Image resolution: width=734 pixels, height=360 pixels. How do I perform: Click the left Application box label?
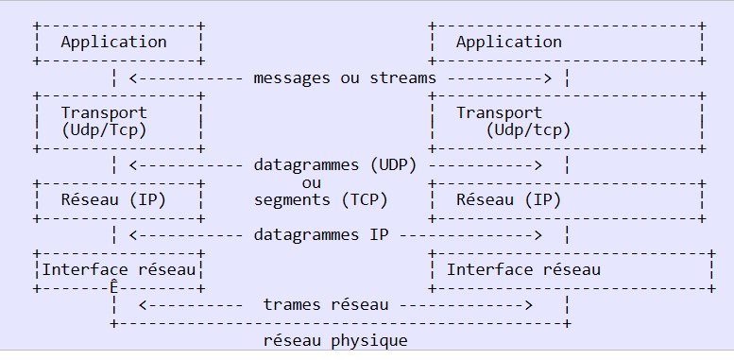pyautogui.click(x=113, y=43)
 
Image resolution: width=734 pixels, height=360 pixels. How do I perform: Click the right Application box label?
pyautogui.click(x=509, y=43)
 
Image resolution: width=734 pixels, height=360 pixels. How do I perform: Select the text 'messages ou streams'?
pyautogui.click(x=345, y=77)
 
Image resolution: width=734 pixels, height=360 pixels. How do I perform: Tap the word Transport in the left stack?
pyautogui.click(x=104, y=112)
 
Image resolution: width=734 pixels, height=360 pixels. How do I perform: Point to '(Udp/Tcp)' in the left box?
pyautogui.click(x=104, y=129)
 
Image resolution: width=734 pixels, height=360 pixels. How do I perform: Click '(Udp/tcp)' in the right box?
pyautogui.click(x=528, y=129)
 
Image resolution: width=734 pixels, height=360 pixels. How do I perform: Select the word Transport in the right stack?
pyautogui.click(x=499, y=112)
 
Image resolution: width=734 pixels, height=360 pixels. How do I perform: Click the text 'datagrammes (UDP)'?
pyautogui.click(x=335, y=165)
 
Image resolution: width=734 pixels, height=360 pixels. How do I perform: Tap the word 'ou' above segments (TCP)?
pyautogui.click(x=312, y=183)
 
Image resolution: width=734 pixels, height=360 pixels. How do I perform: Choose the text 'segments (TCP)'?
pyautogui.click(x=320, y=200)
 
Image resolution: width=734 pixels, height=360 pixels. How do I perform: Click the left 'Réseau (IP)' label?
pyautogui.click(x=113, y=200)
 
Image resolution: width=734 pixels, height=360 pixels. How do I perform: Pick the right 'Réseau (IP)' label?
pyautogui.click(x=509, y=200)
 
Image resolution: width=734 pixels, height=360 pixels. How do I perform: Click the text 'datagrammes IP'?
pyautogui.click(x=320, y=234)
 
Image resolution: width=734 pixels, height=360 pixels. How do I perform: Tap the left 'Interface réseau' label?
pyautogui.click(x=118, y=269)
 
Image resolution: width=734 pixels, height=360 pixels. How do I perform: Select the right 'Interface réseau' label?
pyautogui.click(x=523, y=269)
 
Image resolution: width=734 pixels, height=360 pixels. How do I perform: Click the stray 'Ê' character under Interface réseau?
pyautogui.click(x=113, y=286)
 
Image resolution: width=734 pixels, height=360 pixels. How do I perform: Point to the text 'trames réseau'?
pyautogui.click(x=326, y=305)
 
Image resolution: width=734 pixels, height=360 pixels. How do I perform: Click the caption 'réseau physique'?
pyautogui.click(x=335, y=341)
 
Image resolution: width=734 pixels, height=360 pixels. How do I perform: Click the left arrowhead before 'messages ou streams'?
pyautogui.click(x=133, y=78)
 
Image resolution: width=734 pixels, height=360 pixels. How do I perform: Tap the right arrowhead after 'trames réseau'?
pyautogui.click(x=528, y=305)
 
